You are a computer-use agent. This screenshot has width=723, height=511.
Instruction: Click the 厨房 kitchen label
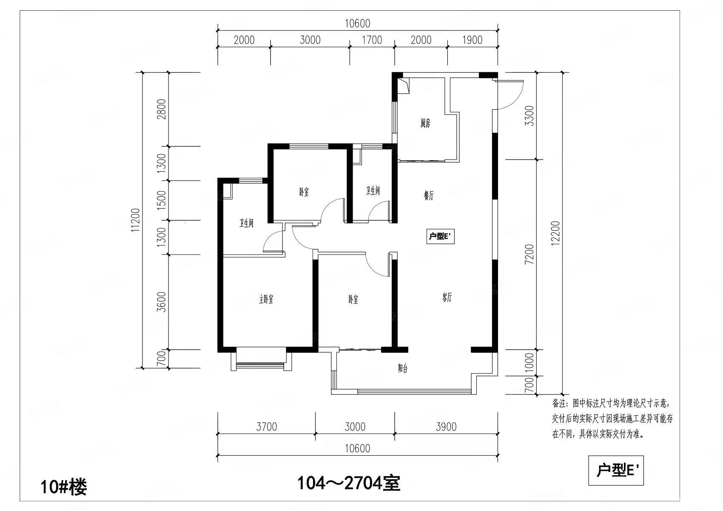point(425,123)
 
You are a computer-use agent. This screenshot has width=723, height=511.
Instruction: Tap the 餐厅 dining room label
point(429,195)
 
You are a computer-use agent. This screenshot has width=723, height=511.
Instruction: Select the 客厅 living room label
point(447,297)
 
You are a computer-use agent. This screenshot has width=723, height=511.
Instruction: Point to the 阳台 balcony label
point(402,368)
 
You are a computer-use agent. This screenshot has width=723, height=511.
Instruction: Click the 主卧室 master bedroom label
point(266,300)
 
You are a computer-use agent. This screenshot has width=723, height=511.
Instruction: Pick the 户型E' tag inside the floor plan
point(440,237)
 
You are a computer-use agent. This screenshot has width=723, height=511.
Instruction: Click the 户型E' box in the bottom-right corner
point(616,470)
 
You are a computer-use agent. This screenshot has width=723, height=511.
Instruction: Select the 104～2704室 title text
point(349,483)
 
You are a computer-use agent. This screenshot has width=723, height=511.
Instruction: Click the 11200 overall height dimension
point(136,221)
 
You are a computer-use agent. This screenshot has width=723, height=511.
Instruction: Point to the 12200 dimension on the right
point(555,233)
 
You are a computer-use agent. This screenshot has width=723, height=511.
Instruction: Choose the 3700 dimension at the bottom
point(267,427)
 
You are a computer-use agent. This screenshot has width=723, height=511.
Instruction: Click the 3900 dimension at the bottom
point(446,427)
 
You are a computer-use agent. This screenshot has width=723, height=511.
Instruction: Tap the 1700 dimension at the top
point(372,40)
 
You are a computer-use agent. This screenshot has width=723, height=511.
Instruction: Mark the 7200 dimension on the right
point(529,254)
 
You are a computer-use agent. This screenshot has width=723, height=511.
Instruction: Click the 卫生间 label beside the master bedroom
point(246,223)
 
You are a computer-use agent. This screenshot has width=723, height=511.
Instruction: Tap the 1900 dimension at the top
point(472,40)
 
